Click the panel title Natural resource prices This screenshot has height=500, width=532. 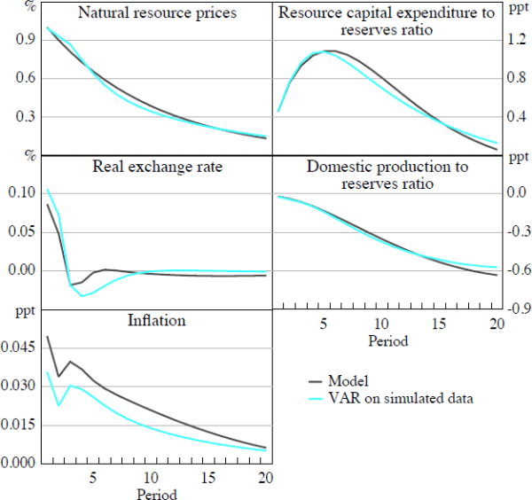tap(157, 13)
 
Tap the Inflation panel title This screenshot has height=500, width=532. tap(156, 320)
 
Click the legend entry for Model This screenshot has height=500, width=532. tap(349, 381)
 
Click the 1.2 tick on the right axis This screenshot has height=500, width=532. tap(516, 40)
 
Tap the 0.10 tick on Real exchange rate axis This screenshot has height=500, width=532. tap(21, 192)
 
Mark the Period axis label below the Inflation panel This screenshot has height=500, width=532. tap(156, 494)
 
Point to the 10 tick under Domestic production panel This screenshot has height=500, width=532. tap(381, 324)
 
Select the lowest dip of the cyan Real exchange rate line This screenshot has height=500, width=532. tap(82, 295)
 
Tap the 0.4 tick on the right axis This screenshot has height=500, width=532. tap(516, 117)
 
